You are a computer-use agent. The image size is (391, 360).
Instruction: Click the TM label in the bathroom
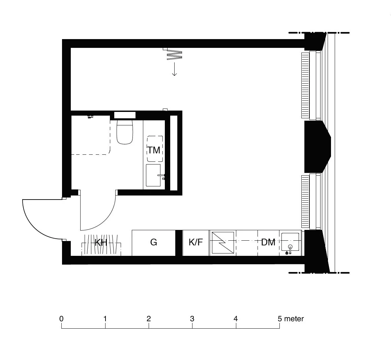(154, 150)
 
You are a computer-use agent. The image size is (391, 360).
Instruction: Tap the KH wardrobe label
(101, 242)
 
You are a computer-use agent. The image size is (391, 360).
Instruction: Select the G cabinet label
(154, 242)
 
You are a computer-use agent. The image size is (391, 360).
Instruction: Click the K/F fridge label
(196, 242)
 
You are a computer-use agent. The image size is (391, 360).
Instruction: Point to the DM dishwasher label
(268, 242)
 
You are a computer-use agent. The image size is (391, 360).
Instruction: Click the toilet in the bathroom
(125, 132)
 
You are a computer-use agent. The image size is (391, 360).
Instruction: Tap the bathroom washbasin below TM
(153, 175)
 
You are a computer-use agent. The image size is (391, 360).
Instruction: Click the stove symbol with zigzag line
(223, 243)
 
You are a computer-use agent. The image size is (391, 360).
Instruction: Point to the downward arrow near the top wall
(174, 69)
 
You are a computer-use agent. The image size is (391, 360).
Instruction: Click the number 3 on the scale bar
(192, 319)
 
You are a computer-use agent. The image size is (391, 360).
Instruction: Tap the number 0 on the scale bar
(61, 319)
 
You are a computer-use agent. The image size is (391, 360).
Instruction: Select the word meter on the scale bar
(294, 319)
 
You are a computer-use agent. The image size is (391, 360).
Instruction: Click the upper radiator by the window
(305, 85)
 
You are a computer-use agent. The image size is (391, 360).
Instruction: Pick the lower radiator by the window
(305, 202)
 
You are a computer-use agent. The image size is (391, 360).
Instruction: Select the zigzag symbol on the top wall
(174, 55)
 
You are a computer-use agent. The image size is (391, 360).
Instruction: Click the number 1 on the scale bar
(105, 319)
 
